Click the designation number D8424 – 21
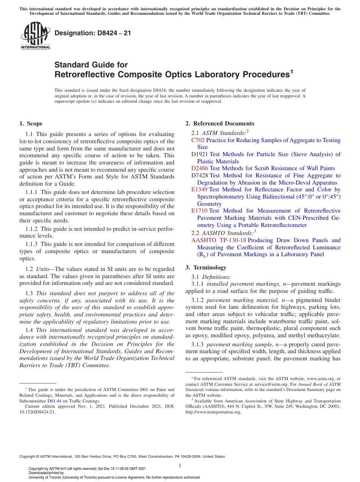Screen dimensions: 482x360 93,33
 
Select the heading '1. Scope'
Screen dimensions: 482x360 31,124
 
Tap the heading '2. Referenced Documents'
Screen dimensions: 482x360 220,124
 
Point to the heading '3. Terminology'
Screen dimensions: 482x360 206,268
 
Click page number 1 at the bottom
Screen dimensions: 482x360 180,466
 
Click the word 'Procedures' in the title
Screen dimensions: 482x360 262,74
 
